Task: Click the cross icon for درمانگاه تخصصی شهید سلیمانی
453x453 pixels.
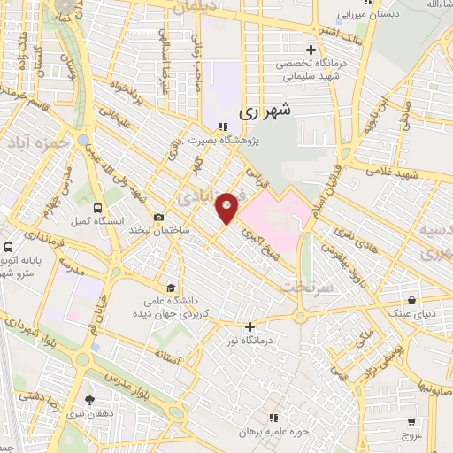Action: coord(310,50)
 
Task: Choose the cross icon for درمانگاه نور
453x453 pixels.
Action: coord(250,326)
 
